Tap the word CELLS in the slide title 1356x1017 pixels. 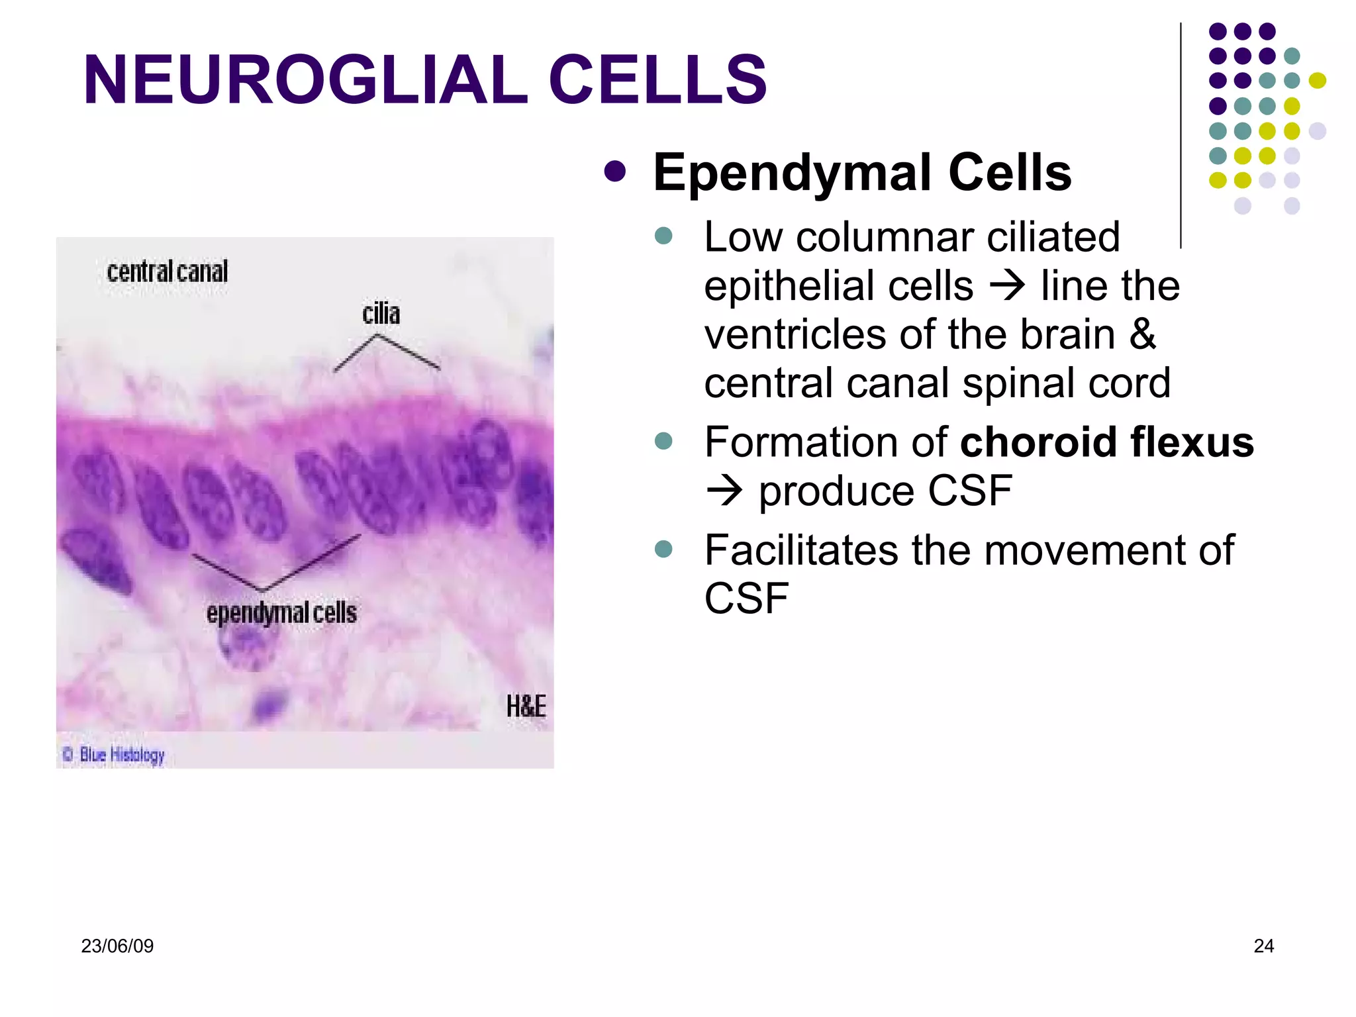click(657, 79)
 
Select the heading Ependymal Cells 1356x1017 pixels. click(862, 172)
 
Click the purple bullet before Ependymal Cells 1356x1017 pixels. click(615, 171)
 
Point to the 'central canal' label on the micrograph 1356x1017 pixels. click(167, 271)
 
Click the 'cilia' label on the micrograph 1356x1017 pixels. click(381, 313)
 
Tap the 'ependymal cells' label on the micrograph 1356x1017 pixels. click(281, 613)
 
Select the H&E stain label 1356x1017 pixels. click(526, 706)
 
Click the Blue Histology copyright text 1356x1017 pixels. click(114, 754)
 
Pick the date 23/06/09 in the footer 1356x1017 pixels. click(117, 946)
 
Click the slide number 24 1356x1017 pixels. click(1263, 946)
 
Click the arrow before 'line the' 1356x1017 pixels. click(1007, 286)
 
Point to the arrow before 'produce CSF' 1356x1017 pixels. click(724, 491)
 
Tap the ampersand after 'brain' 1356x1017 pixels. click(1143, 334)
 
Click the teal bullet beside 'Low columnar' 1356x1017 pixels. click(663, 236)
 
